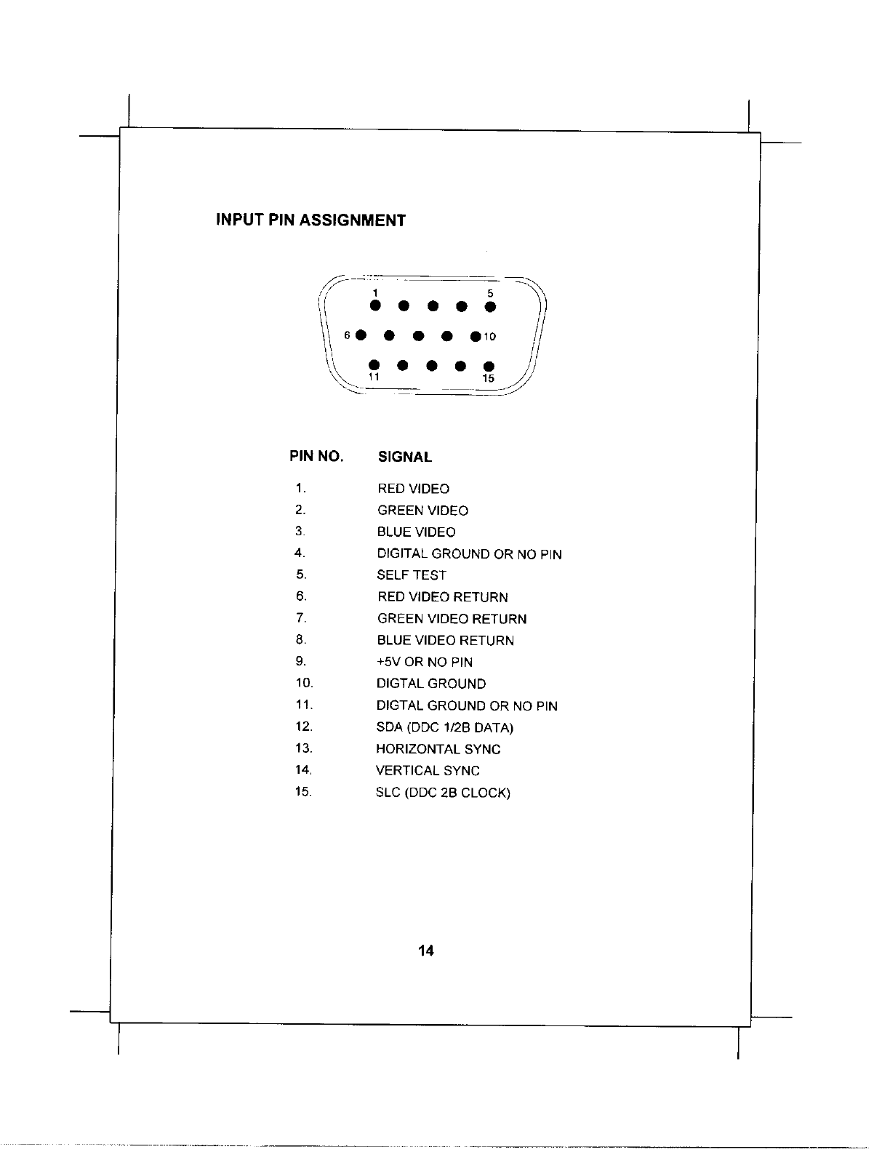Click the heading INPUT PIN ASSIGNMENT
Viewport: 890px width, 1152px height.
coord(310,220)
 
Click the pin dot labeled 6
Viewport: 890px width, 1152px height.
coord(360,335)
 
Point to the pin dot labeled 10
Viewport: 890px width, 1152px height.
coord(475,336)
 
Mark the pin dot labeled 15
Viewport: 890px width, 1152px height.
coord(489,365)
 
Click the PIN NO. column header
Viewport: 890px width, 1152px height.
coord(316,457)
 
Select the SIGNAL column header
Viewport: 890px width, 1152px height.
coord(405,457)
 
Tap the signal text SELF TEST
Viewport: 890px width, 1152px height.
coord(412,575)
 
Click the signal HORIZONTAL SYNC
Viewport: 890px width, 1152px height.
coord(438,749)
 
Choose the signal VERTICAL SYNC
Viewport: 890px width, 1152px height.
coord(428,771)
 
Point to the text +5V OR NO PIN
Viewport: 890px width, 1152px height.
coord(424,662)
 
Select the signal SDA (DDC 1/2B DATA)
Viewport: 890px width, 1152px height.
coord(444,727)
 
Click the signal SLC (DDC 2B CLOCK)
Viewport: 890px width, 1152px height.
coord(443,793)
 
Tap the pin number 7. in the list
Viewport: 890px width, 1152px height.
coord(302,618)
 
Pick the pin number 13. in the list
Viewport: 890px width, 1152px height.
coord(304,748)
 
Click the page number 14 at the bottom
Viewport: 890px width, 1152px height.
coord(426,951)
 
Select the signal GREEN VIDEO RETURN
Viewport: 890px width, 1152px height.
coord(452,619)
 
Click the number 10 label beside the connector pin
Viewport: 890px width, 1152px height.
coord(490,337)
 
